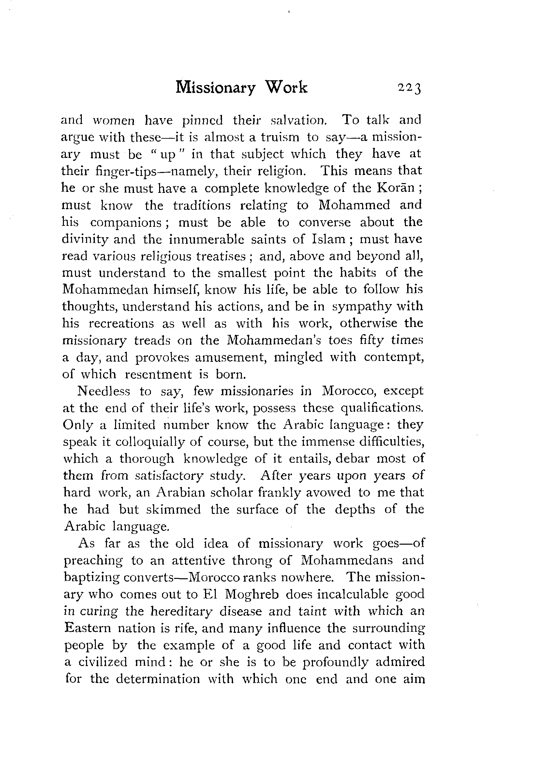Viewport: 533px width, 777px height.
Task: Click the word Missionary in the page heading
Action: (x=215, y=88)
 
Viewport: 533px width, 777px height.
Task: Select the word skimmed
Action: (x=173, y=509)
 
